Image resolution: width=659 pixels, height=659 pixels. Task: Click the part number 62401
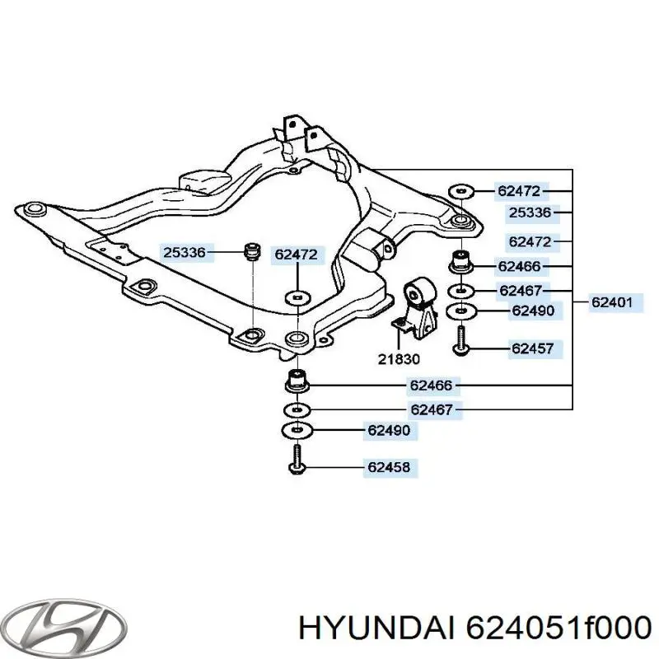[x=611, y=302]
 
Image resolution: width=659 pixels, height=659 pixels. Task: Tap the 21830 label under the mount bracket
[x=399, y=359]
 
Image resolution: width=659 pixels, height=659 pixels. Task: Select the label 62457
[x=532, y=348]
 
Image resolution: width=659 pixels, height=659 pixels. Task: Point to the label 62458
[x=389, y=467]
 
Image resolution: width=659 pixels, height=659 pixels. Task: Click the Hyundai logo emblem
[x=63, y=629]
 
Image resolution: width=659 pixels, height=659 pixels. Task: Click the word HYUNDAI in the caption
[x=376, y=629]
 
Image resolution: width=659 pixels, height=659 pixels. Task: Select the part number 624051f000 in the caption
[x=559, y=629]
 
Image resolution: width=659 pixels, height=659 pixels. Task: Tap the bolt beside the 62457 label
[x=461, y=340]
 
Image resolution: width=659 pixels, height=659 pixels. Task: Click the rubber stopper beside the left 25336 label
[x=253, y=252]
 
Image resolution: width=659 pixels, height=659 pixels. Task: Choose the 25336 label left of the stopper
[x=185, y=253]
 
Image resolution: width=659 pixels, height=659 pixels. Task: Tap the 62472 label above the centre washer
[x=297, y=255]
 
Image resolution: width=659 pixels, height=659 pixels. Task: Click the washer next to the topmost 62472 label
[x=461, y=192]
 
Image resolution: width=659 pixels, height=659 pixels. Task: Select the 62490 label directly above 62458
[x=389, y=430]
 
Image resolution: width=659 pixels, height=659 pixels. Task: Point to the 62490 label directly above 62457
[x=533, y=311]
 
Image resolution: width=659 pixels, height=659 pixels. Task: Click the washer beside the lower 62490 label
[x=297, y=430]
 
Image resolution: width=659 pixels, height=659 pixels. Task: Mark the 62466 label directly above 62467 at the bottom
[x=431, y=386]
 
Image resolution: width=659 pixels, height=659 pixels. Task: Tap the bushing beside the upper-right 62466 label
[x=461, y=261]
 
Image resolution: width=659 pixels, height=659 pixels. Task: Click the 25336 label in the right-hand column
[x=530, y=213]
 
